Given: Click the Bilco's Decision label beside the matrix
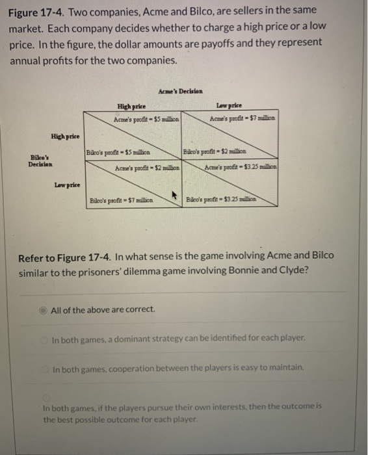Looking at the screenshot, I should (x=40, y=160).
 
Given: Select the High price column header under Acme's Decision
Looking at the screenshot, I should (x=131, y=106).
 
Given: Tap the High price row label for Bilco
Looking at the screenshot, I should (x=66, y=136).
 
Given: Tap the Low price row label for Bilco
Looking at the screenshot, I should (x=67, y=185).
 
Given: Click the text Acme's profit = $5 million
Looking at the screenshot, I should (x=147, y=119).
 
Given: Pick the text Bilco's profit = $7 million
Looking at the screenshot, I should (x=121, y=200).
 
